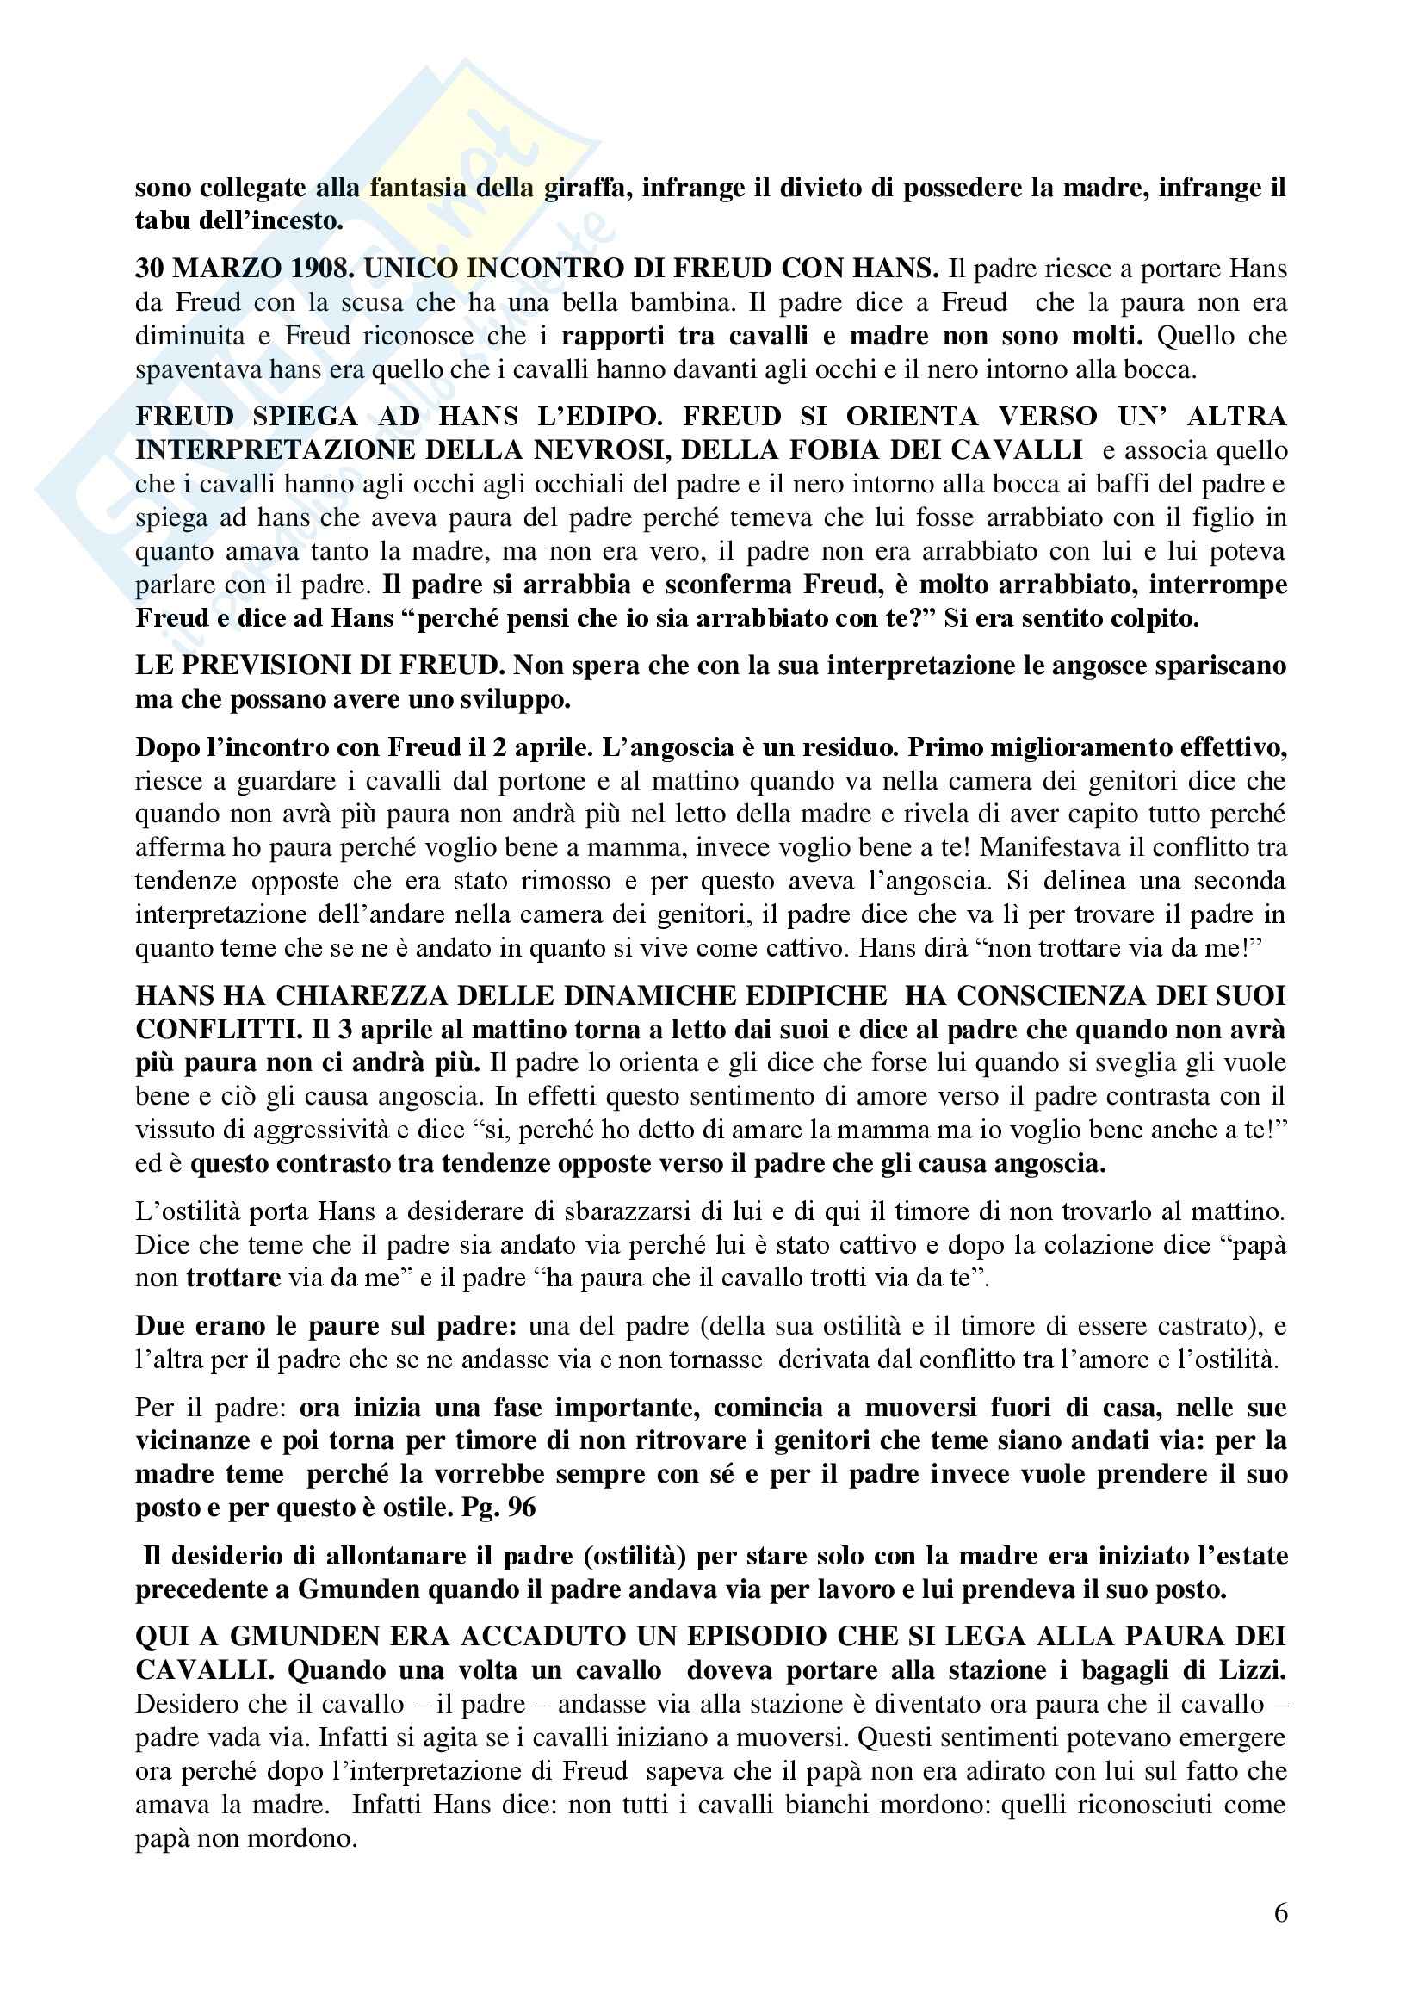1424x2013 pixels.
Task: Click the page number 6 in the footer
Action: (1280, 1912)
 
